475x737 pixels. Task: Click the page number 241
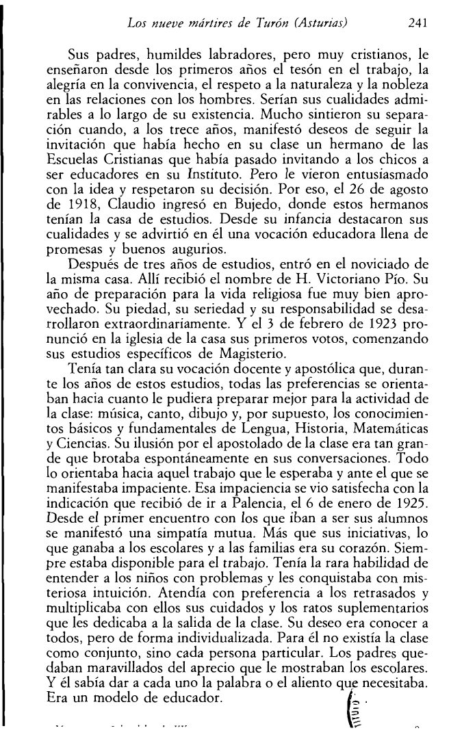click(416, 22)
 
